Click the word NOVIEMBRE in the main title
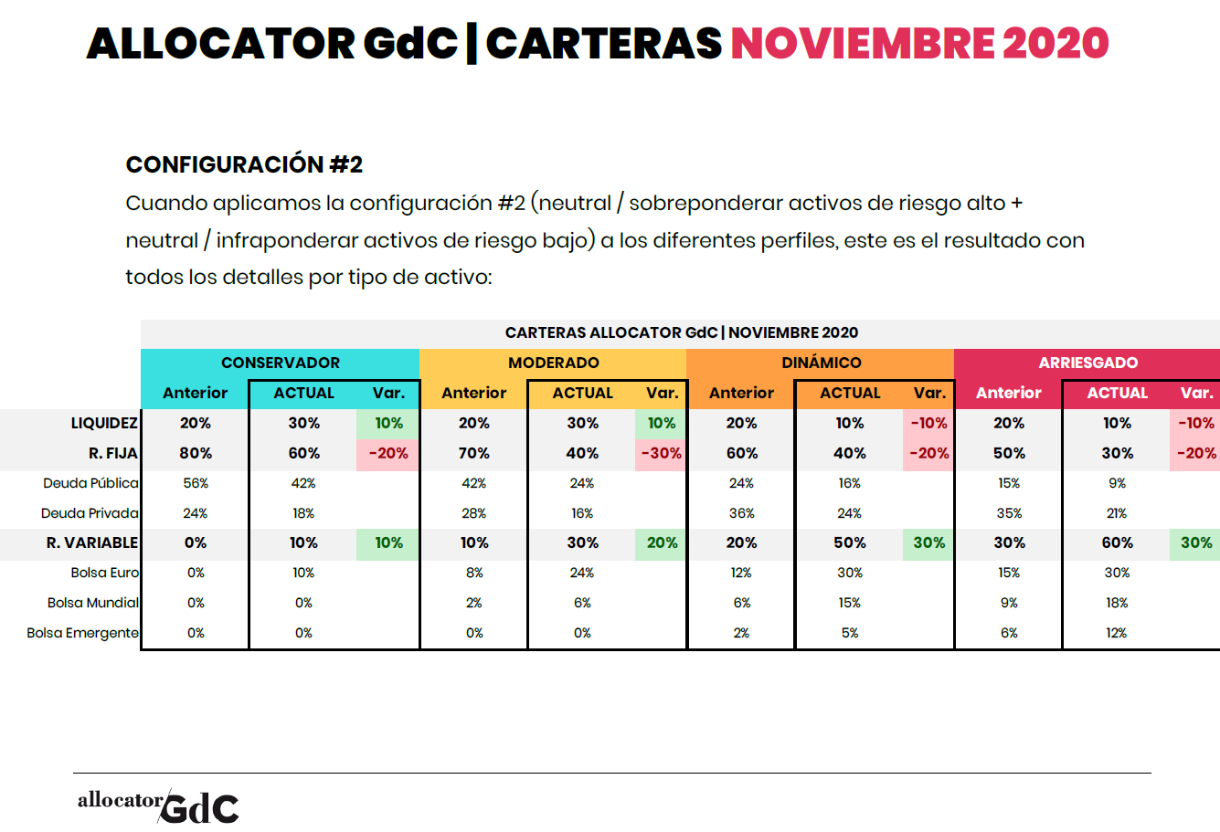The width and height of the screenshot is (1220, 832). pyautogui.click(x=862, y=43)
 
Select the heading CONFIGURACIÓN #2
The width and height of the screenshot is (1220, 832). pyautogui.click(x=244, y=164)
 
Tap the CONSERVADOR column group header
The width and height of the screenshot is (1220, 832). pyautogui.click(x=280, y=363)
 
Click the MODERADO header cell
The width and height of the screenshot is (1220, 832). pyautogui.click(x=553, y=363)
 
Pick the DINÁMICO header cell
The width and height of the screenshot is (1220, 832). pyautogui.click(x=821, y=363)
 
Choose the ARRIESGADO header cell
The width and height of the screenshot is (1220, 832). pyautogui.click(x=1087, y=363)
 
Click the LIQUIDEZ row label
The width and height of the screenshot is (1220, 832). pyautogui.click(x=104, y=423)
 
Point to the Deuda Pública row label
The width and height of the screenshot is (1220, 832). pyautogui.click(x=90, y=483)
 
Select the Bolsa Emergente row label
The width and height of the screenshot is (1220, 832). pyautogui.click(x=82, y=633)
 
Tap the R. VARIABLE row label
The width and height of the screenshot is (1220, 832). pyautogui.click(x=92, y=542)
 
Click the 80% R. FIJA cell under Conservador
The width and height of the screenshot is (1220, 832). pyautogui.click(x=196, y=453)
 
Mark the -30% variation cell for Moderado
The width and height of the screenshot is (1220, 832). pyautogui.click(x=662, y=453)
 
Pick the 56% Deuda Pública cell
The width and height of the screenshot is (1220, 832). pyautogui.click(x=196, y=483)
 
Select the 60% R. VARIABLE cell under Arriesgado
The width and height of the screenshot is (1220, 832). pyautogui.click(x=1117, y=542)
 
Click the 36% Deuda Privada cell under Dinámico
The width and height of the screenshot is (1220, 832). pyautogui.click(x=741, y=513)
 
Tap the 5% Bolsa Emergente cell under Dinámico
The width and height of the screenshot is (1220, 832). pyautogui.click(x=850, y=633)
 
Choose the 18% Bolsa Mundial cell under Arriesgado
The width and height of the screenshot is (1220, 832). pyautogui.click(x=1117, y=603)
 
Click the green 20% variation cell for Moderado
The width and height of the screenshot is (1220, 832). pyautogui.click(x=662, y=542)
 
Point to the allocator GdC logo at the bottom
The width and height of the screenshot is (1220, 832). pyautogui.click(x=158, y=805)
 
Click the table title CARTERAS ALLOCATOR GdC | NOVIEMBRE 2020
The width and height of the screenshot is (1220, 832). pyautogui.click(x=681, y=332)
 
